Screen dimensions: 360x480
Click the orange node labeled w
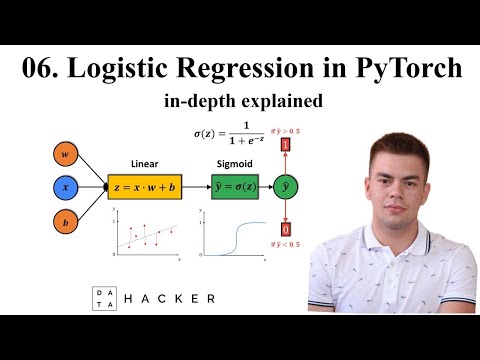(x=64, y=156)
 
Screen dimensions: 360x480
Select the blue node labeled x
(x=64, y=186)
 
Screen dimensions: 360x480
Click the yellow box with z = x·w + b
(x=146, y=187)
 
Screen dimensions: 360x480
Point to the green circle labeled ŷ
(x=285, y=187)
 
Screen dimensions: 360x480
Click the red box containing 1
(x=285, y=146)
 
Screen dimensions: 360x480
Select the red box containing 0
(x=285, y=230)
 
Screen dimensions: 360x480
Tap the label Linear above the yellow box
(x=145, y=162)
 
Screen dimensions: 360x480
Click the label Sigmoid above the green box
(x=233, y=162)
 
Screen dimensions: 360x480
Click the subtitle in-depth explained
(x=240, y=102)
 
